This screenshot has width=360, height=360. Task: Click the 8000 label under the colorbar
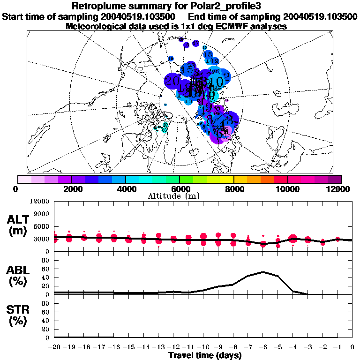(x=233, y=188)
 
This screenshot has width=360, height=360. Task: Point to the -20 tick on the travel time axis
(x=54, y=347)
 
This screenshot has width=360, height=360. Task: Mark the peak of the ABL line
(x=263, y=272)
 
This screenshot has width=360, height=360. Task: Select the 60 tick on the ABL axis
(x=45, y=269)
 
